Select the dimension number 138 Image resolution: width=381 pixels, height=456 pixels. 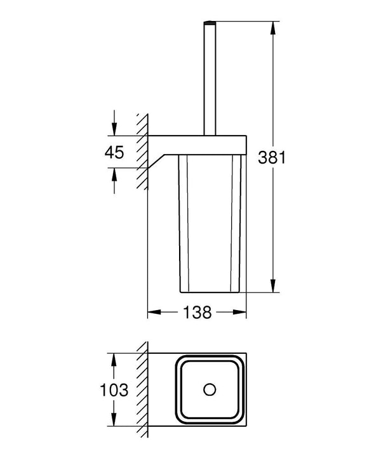click(197, 313)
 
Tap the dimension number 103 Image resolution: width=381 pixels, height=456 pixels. click(115, 389)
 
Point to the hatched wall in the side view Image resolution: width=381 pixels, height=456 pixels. click(142, 152)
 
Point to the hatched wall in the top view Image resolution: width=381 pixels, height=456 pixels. click(142, 389)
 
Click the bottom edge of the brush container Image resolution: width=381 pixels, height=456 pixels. click(210, 292)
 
